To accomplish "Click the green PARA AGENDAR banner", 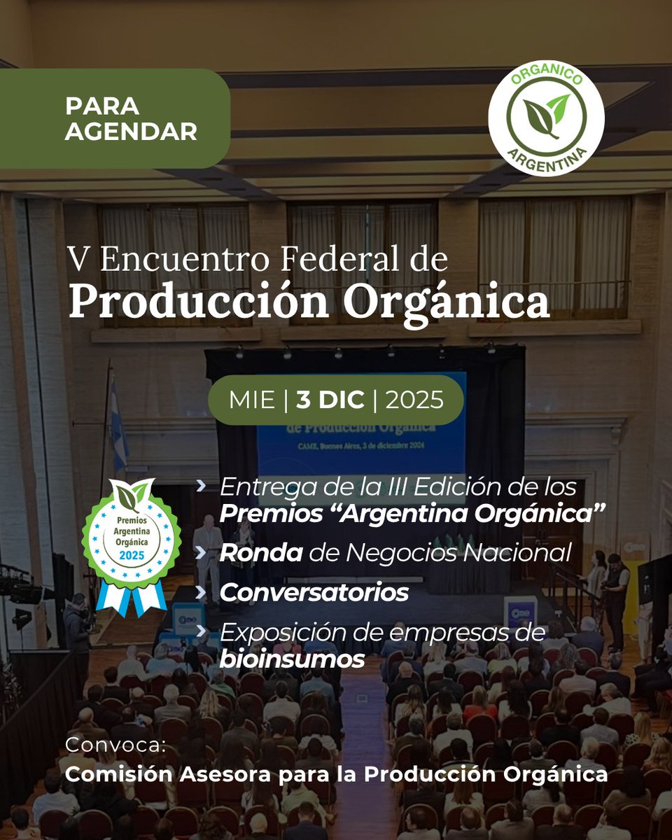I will click(x=115, y=118).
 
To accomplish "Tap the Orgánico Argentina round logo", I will click(x=546, y=117).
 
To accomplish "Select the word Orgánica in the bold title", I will click(x=451, y=301).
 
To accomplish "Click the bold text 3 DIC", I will click(x=330, y=400).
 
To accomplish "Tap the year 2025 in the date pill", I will click(x=414, y=400).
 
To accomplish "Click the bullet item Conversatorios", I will click(x=314, y=592).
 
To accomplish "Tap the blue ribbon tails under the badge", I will click(x=132, y=595).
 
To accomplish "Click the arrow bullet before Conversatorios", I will click(x=202, y=592).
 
